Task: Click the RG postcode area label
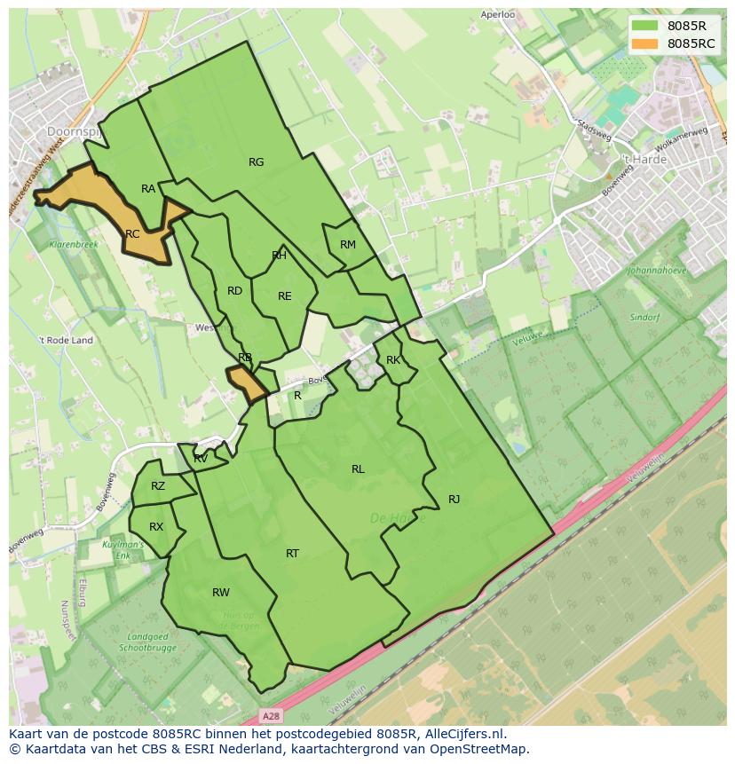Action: [257, 162]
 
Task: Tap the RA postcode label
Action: [148, 189]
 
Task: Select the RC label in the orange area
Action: [132, 234]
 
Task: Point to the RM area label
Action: [348, 245]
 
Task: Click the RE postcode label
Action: [285, 296]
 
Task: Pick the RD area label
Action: [234, 291]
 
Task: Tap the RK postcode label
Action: [393, 360]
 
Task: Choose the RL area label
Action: [358, 469]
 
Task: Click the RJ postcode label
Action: [454, 500]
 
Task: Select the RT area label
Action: [292, 554]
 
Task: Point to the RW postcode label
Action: [221, 593]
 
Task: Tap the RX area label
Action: [156, 527]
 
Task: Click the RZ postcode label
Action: [158, 486]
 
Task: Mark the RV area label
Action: [201, 459]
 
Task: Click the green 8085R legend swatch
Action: [645, 26]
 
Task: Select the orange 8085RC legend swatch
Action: [645, 43]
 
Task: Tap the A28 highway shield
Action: [272, 715]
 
